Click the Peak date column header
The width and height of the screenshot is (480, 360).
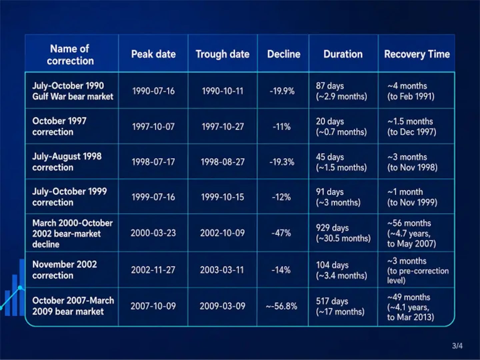153,54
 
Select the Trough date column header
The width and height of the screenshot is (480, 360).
222,54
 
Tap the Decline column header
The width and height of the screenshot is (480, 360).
284,54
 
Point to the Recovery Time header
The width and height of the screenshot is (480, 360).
417,54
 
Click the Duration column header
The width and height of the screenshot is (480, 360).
343,54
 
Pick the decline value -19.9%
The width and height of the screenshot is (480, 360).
282,91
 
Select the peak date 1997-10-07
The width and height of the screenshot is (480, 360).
153,126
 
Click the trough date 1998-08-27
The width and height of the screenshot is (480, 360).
222,162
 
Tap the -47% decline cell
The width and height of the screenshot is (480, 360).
281,233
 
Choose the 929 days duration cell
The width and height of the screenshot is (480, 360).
343,233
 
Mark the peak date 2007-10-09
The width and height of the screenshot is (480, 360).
153,306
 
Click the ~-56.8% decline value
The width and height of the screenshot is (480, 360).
281,306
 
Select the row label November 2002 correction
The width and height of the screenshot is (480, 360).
65,270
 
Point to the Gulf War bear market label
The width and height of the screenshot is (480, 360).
73,96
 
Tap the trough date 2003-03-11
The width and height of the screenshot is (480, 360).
222,270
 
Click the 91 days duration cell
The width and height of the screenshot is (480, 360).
338,197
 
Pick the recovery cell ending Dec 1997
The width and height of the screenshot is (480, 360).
412,126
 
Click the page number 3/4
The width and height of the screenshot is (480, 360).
457,346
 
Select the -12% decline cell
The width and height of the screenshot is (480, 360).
281,197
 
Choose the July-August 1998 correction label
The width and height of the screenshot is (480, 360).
67,162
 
